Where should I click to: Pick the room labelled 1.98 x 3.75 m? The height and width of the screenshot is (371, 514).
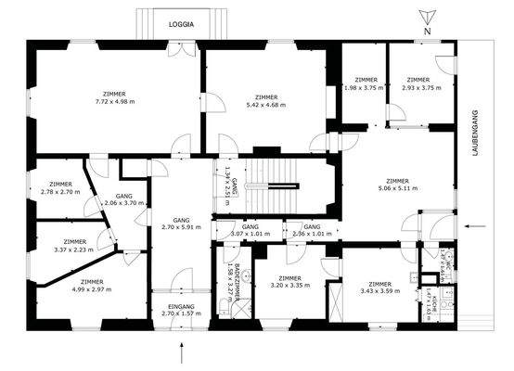click(x=359, y=83)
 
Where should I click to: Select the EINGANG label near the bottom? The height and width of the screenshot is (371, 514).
click(x=180, y=306)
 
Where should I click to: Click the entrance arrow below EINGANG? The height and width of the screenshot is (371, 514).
click(x=183, y=352)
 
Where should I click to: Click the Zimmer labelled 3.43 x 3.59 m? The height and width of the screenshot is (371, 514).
click(x=379, y=288)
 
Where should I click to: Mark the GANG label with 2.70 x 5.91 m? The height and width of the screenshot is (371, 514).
click(x=180, y=222)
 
